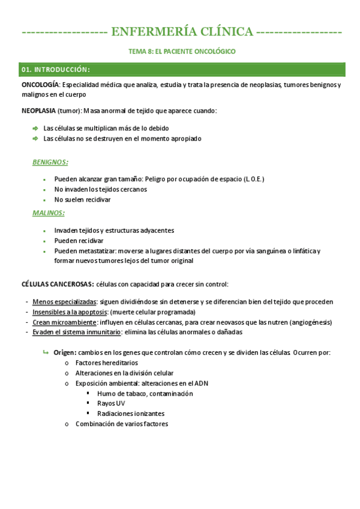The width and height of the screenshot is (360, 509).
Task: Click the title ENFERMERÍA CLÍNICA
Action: (x=182, y=31)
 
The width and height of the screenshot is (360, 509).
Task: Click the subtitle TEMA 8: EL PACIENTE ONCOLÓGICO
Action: (x=182, y=52)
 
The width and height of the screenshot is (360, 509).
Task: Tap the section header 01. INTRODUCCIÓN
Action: (x=55, y=70)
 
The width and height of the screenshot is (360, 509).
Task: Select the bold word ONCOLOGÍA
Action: (x=40, y=85)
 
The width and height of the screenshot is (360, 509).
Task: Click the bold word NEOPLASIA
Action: (x=39, y=111)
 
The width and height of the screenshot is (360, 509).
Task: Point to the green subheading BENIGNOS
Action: (x=50, y=162)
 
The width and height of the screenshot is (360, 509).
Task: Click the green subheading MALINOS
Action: (x=48, y=213)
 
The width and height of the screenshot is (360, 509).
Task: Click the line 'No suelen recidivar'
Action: (x=82, y=199)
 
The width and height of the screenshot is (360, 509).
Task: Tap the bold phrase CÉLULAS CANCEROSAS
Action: (x=57, y=284)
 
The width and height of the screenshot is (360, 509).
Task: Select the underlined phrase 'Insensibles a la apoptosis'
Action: (x=70, y=312)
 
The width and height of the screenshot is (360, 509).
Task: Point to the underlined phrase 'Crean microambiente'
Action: (x=62, y=322)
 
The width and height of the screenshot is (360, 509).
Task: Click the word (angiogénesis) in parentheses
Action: (x=311, y=322)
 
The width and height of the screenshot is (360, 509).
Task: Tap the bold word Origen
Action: (x=65, y=352)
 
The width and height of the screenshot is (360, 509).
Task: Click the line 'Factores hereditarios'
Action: (x=106, y=363)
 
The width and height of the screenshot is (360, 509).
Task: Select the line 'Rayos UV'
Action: (x=111, y=403)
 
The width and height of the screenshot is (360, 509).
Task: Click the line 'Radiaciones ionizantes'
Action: (x=130, y=414)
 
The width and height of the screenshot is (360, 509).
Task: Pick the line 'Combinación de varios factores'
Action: (x=122, y=424)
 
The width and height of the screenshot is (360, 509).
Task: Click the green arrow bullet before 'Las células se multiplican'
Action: (x=35, y=128)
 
